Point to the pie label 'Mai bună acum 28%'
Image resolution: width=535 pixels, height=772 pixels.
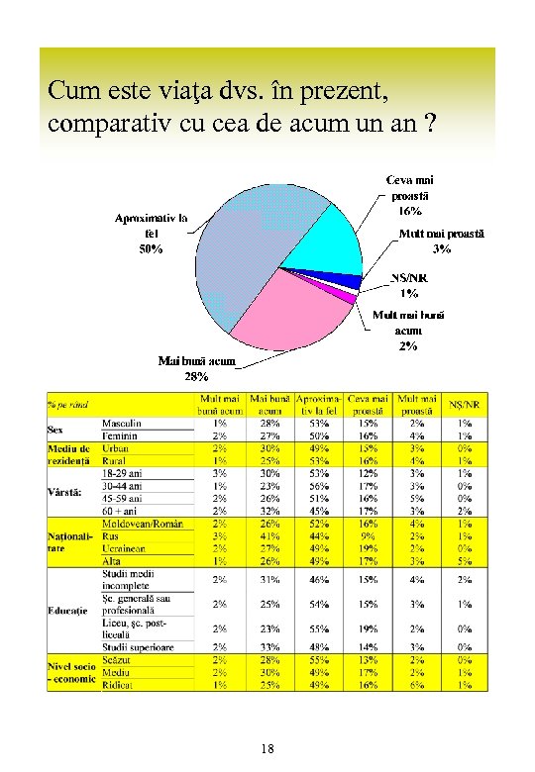click(196, 369)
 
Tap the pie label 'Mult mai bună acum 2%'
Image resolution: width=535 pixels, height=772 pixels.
click(407, 331)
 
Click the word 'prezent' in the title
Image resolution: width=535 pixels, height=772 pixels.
click(347, 92)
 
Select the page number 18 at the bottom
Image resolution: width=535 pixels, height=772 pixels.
click(267, 748)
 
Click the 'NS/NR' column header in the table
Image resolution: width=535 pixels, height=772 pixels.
click(465, 404)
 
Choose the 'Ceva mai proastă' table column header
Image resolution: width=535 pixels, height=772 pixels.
click(369, 404)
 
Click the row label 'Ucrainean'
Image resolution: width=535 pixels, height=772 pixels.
click(125, 547)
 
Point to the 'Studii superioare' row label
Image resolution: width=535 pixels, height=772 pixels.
click(137, 647)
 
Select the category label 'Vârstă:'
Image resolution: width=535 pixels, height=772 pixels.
click(65, 492)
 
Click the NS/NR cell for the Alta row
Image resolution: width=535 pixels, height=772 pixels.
click(465, 560)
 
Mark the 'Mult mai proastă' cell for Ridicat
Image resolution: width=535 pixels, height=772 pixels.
click(418, 684)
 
